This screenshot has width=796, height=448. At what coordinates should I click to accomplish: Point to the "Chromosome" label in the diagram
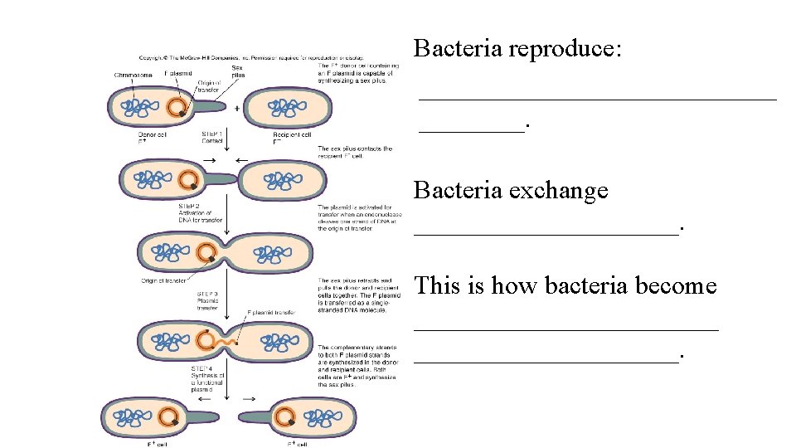(x=133, y=75)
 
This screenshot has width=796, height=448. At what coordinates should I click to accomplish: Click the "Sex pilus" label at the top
(x=238, y=71)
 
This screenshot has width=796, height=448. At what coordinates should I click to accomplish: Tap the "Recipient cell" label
(x=292, y=134)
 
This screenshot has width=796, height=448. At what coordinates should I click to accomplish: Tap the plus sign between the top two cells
(x=237, y=108)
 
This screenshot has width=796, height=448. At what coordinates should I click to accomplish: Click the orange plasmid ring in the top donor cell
(x=176, y=107)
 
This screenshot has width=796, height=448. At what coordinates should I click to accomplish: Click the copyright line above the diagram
(x=257, y=58)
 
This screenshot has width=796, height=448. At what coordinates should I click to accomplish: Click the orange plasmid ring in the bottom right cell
(x=284, y=417)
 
